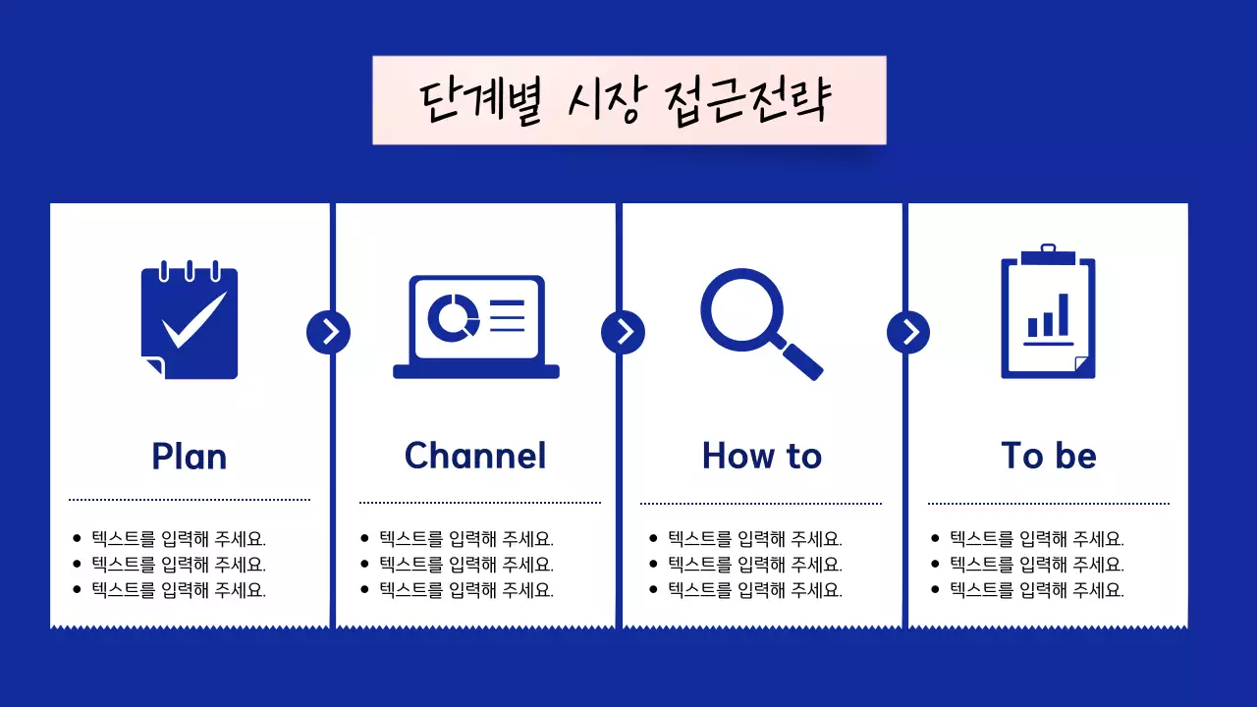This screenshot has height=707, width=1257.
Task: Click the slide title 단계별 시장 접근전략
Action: (x=628, y=100)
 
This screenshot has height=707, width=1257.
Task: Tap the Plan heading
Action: (x=190, y=457)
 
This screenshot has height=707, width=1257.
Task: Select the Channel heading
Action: (x=475, y=456)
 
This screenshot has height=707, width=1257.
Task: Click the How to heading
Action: (x=762, y=456)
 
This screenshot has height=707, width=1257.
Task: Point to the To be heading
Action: (x=1048, y=456)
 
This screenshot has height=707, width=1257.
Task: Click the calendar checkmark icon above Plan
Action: (x=190, y=320)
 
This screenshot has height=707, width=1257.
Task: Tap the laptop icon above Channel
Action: (x=476, y=325)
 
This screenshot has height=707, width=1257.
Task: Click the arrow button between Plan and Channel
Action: (x=328, y=332)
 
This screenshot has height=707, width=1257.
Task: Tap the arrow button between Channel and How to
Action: (x=623, y=332)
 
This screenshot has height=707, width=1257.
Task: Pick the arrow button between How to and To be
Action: (x=908, y=332)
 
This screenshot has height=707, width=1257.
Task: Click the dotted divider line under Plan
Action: (x=190, y=500)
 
